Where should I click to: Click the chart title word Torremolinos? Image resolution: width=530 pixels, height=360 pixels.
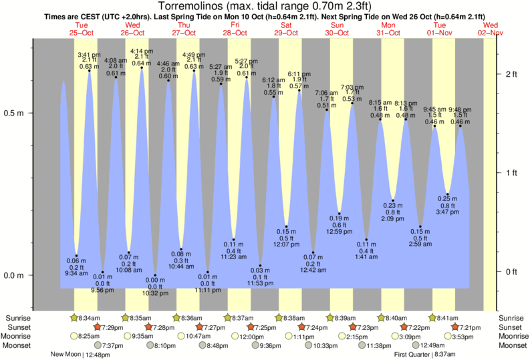194,6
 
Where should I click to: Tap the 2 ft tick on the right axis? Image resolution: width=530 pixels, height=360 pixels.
511,73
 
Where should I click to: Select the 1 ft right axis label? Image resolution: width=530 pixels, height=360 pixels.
511,173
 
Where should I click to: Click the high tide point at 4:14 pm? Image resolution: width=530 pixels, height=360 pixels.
142,67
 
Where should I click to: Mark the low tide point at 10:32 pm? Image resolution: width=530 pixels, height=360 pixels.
155,275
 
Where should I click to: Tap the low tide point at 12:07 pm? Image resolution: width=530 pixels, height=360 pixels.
286,226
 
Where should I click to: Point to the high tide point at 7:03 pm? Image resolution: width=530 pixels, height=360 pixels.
352,104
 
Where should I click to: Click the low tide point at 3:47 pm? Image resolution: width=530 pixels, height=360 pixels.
448,194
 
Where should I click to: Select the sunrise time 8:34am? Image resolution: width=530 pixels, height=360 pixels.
89,318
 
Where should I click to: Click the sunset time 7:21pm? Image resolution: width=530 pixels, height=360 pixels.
468,327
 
